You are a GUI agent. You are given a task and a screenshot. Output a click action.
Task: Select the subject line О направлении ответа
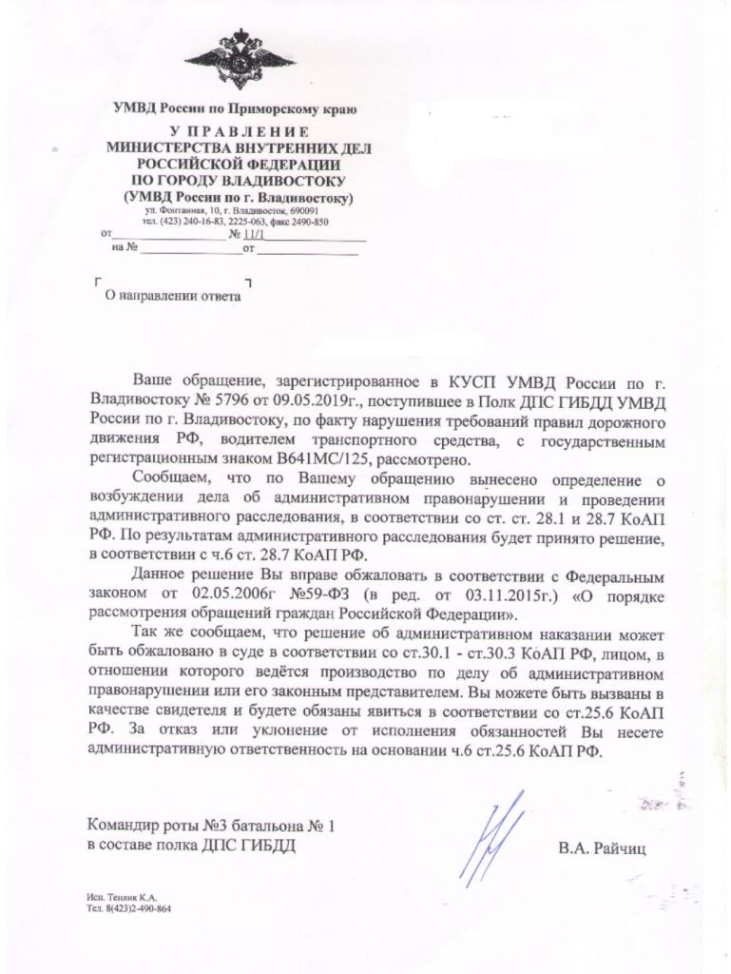click(173, 296)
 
